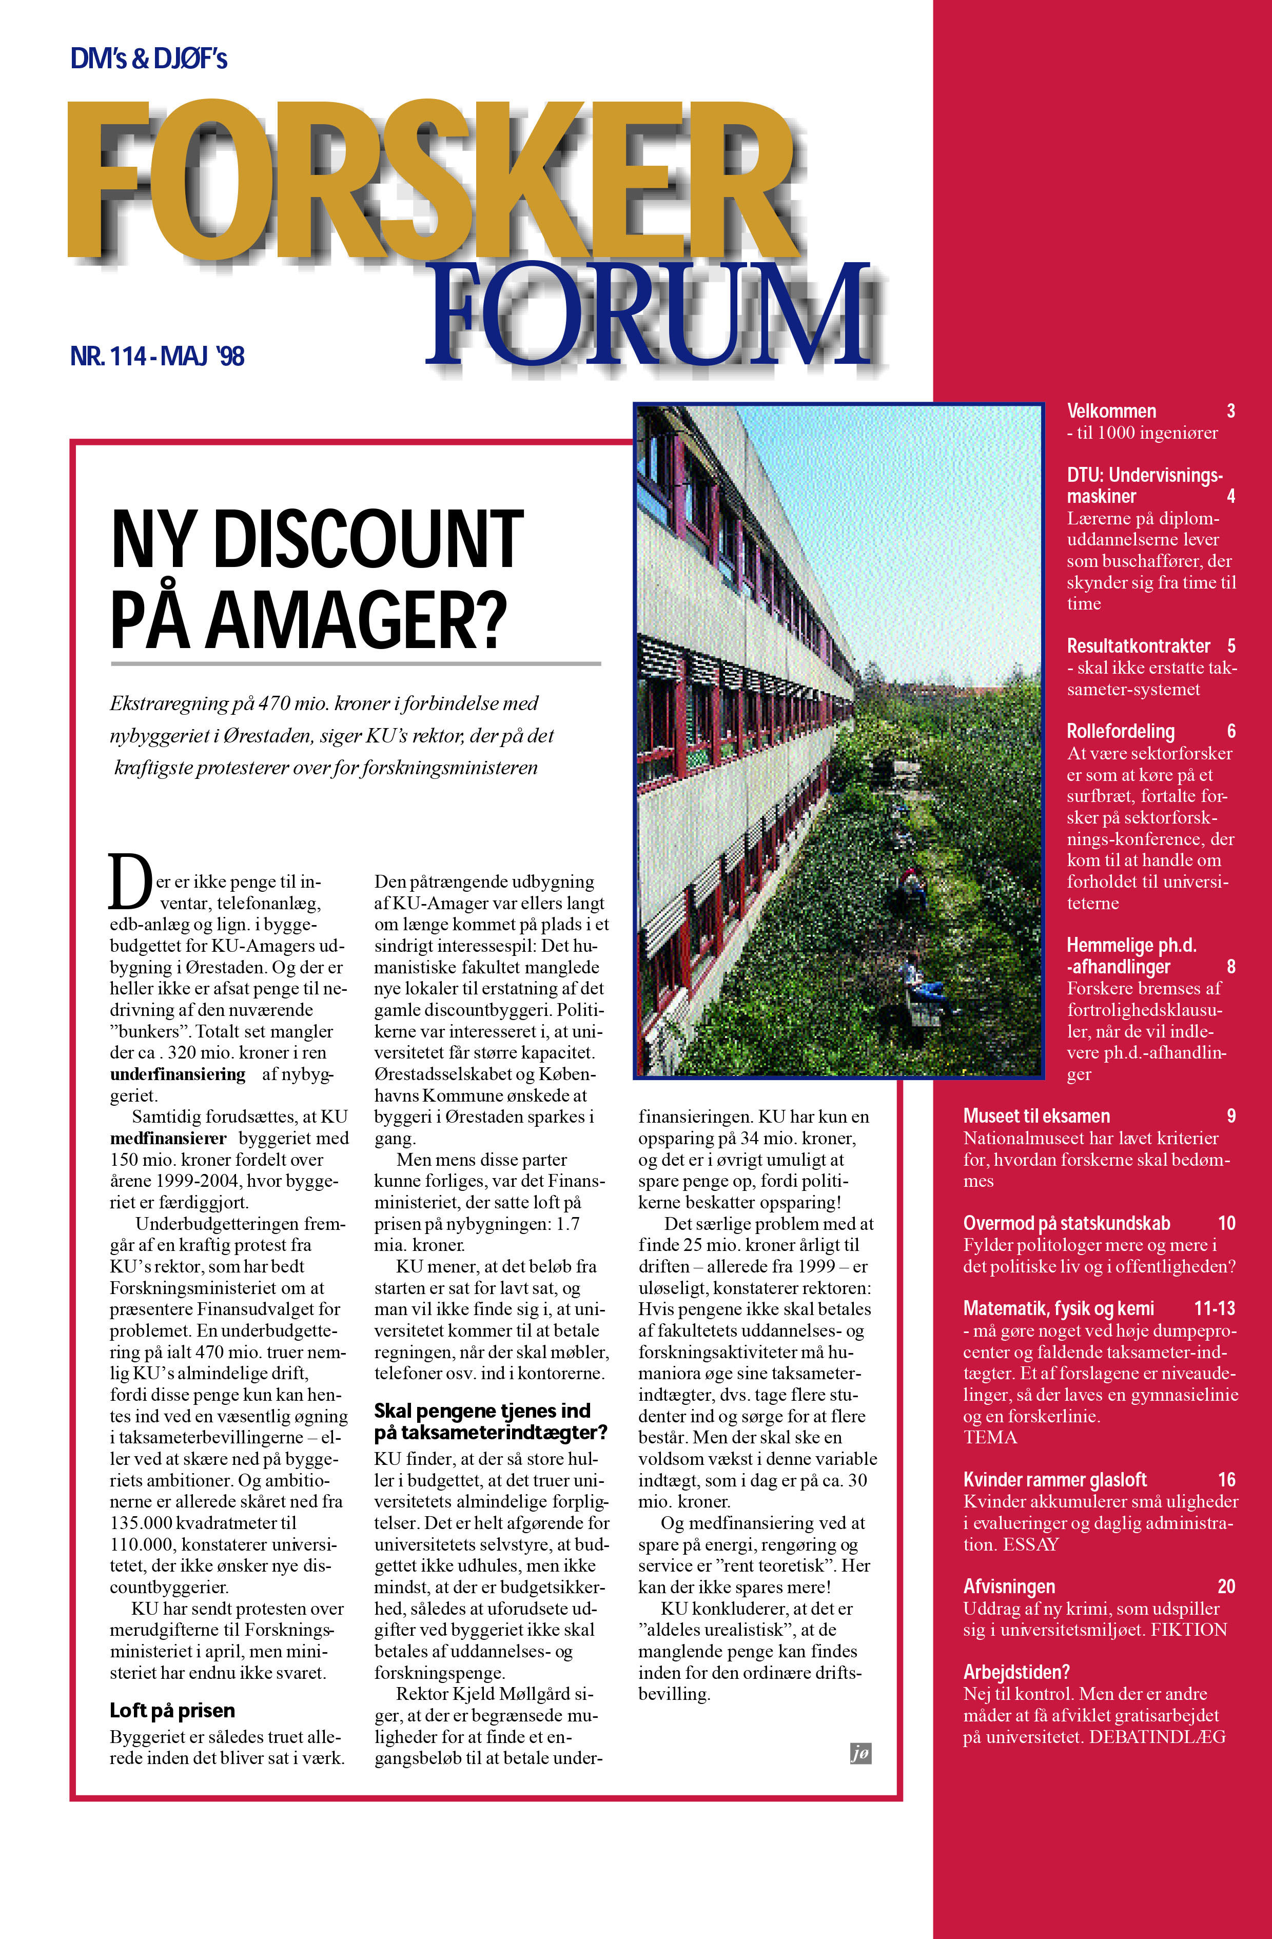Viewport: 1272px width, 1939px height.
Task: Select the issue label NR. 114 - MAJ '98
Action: (158, 356)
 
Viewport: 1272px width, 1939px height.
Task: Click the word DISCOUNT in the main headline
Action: (367, 539)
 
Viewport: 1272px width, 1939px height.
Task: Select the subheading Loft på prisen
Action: (172, 1710)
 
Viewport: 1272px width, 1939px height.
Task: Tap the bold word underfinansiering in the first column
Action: (178, 1074)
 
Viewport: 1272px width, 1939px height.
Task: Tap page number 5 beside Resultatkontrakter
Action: (1231, 646)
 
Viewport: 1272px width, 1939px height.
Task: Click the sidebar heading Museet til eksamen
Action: (1036, 1116)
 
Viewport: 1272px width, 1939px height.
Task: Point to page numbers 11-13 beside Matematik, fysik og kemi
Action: (1214, 1308)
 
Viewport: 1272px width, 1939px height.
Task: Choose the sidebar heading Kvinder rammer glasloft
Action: (1054, 1479)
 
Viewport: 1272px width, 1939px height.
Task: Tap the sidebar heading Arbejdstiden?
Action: (1016, 1672)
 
